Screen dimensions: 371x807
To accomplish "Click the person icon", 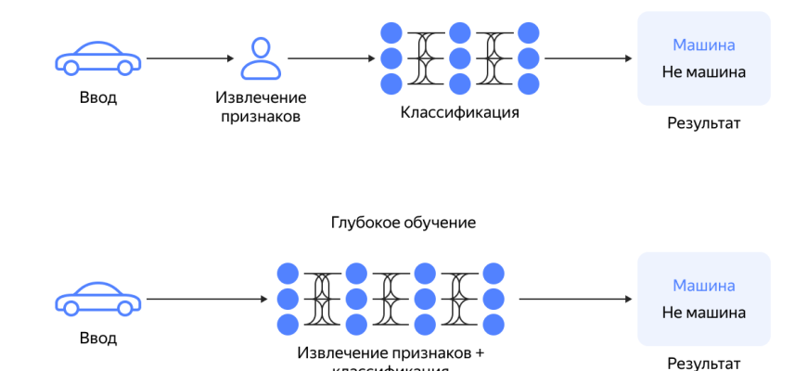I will point(261,58).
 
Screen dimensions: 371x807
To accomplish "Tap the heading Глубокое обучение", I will point(403,223).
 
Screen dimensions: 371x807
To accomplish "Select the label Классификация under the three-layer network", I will point(460,113).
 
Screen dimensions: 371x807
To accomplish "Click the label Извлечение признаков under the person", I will point(261,107).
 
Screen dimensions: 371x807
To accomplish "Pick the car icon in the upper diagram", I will point(98,58).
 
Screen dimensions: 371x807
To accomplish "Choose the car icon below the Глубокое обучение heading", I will point(98,300).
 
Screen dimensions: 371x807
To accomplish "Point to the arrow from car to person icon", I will point(190,58).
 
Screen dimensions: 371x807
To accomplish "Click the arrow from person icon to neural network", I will point(331,58).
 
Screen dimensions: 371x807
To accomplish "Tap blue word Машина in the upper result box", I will point(703,45).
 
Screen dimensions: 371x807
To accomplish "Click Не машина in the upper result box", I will point(703,71).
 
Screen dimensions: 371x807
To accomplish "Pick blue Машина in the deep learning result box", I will point(703,285).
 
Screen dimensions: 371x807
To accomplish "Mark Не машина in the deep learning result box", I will point(703,312).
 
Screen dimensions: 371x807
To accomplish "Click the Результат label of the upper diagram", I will point(704,122).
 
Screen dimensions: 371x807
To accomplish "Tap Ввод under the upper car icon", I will point(98,97).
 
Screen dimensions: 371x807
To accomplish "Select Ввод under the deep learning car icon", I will point(98,338).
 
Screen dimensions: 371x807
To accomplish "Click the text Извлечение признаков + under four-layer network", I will point(391,352).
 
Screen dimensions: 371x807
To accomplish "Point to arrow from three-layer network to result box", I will point(586,58).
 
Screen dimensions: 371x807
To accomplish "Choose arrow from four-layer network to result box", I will point(575,300).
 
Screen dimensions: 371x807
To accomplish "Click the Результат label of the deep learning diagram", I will point(704,364).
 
